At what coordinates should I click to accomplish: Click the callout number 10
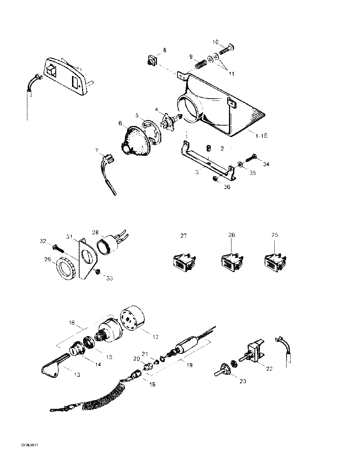pyautogui.click(x=216, y=42)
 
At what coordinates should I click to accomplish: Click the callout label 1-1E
pyautogui.click(x=262, y=136)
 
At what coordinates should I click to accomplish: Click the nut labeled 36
pyautogui.click(x=215, y=179)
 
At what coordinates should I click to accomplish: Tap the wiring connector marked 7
pyautogui.click(x=108, y=159)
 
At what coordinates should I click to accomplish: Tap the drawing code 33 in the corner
pyautogui.click(x=30, y=445)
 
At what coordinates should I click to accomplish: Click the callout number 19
pyautogui.click(x=190, y=365)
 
